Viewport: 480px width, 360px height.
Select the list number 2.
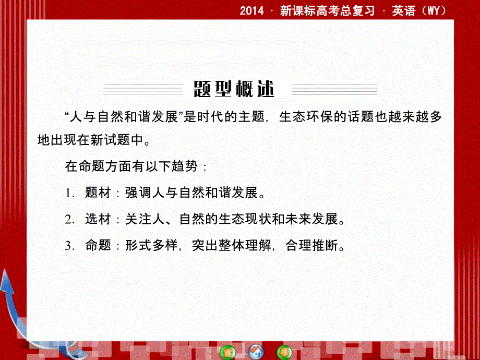click(68, 220)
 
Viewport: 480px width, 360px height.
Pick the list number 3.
click(68, 246)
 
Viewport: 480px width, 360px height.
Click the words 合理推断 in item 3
click(311, 246)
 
